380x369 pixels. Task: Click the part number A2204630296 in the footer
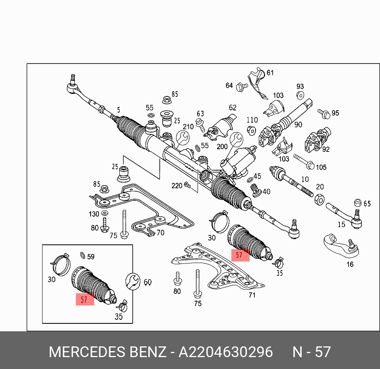tap(225, 352)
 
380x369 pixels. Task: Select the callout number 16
tap(350, 264)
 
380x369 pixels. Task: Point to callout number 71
tap(252, 295)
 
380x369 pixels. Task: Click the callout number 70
tap(160, 233)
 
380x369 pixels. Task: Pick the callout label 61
tap(270, 73)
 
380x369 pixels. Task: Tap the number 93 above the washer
tap(300, 86)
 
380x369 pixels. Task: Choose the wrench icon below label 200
tap(237, 140)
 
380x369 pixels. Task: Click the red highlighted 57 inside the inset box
tap(84, 300)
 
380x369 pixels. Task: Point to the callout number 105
tap(321, 167)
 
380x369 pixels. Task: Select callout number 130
tap(94, 214)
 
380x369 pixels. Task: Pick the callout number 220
tap(177, 186)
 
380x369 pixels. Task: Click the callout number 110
tap(252, 120)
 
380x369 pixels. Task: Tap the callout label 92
tap(326, 150)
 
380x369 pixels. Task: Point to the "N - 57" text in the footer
tap(312, 352)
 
